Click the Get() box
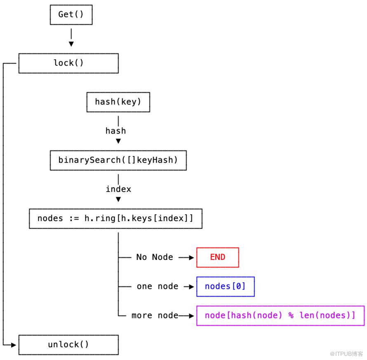tap(71, 15)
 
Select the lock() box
tap(68, 63)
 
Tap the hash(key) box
tap(118, 102)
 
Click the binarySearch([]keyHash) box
tap(118, 160)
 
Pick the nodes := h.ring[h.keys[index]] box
tap(115, 219)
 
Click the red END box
tap(218, 257)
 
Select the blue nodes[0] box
tap(226, 287)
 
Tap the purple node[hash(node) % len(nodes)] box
tap(280, 316)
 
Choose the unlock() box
tap(68, 345)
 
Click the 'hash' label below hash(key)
tap(115, 131)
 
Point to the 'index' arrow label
tap(118, 189)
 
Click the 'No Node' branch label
tap(155, 257)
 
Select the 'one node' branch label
tap(158, 286)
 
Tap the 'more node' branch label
tap(155, 316)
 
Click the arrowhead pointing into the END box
tap(191, 257)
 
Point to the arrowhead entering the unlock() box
tap(14, 345)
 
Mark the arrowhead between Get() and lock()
tap(71, 44)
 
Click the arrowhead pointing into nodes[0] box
tap(191, 287)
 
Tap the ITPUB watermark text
tap(346, 354)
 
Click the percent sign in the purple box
tap(291, 316)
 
